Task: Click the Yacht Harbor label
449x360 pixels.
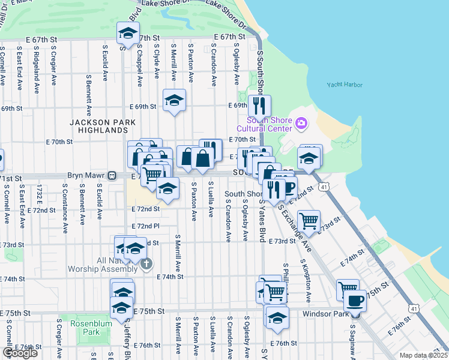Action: [x=345, y=85]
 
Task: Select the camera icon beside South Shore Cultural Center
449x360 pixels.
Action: [x=301, y=124]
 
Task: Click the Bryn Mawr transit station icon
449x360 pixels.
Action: [x=111, y=176]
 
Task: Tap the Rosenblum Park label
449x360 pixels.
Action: [x=83, y=328]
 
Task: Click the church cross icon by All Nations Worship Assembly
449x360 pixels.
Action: [x=146, y=263]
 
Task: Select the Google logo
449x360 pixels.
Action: [x=19, y=353]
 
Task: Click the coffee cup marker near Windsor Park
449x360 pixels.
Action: [x=355, y=299]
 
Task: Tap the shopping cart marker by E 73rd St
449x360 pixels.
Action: [x=309, y=221]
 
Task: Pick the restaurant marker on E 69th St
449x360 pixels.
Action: [x=259, y=106]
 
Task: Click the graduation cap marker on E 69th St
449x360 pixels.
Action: [x=174, y=100]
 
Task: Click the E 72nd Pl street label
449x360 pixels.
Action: [x=146, y=226]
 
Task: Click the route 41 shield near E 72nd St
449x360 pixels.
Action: [x=324, y=187]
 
